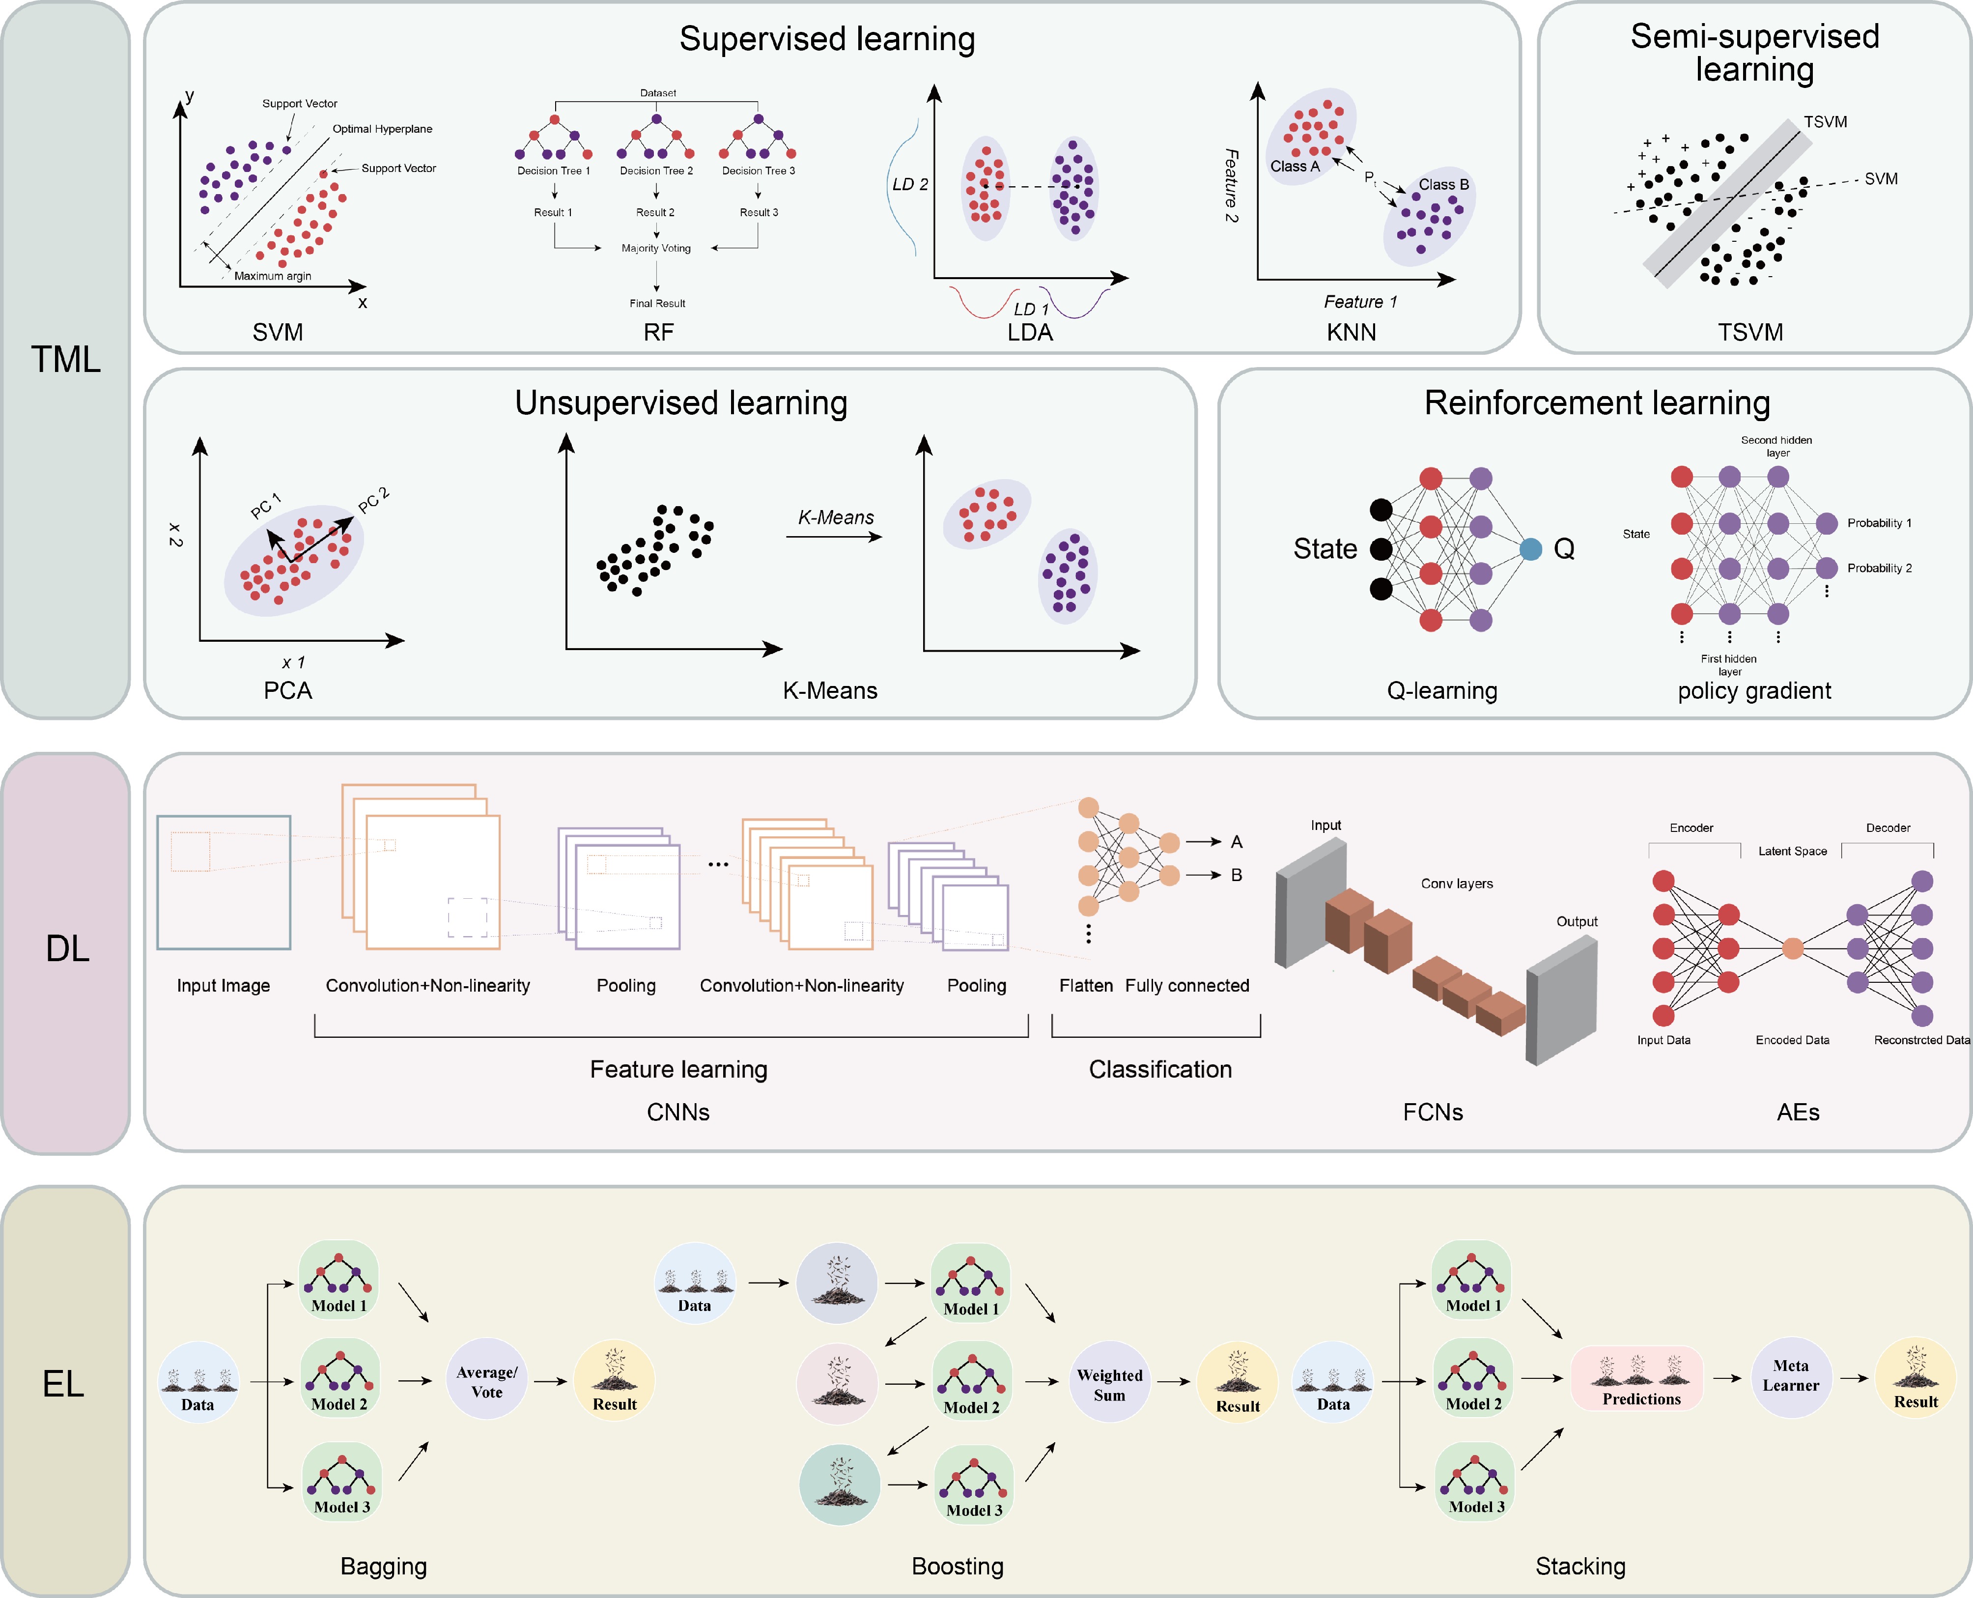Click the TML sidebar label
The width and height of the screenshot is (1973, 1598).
tap(65, 359)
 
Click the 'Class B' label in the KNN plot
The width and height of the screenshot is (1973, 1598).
tap(1443, 184)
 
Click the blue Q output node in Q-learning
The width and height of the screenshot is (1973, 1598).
tap(1530, 549)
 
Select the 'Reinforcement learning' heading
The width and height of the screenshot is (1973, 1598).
tap(1597, 402)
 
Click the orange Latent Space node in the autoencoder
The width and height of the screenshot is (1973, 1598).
tap(1792, 948)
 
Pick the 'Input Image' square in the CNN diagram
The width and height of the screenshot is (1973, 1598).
tap(224, 882)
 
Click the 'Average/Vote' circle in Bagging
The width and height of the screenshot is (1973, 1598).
tap(487, 1380)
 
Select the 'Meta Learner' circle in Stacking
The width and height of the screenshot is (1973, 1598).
tap(1790, 1376)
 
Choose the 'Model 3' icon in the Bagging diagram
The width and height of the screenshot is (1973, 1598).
tap(341, 1482)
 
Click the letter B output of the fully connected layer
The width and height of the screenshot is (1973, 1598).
tap(1236, 875)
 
